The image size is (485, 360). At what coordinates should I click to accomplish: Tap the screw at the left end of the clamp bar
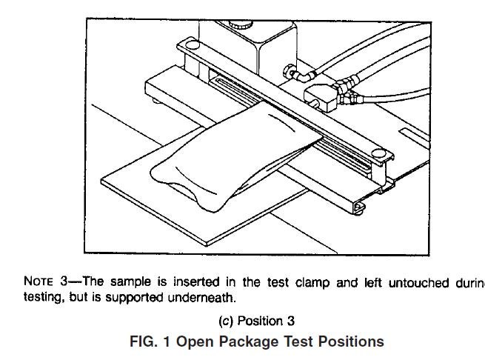point(189,48)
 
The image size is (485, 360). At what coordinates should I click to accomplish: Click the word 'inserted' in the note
point(197,281)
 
